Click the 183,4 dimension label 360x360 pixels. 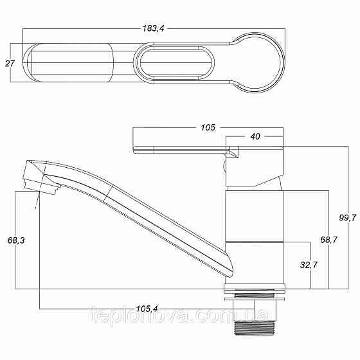pos(154,28)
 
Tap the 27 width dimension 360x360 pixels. pos(10,64)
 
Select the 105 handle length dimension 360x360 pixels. pos(208,127)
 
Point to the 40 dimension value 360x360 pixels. pos(255,136)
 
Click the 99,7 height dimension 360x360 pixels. pos(347,217)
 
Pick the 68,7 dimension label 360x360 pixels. pos(328,240)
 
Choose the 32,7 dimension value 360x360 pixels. pos(309,265)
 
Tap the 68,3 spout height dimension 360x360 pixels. pos(16,240)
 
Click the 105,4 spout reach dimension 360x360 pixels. pos(147,309)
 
